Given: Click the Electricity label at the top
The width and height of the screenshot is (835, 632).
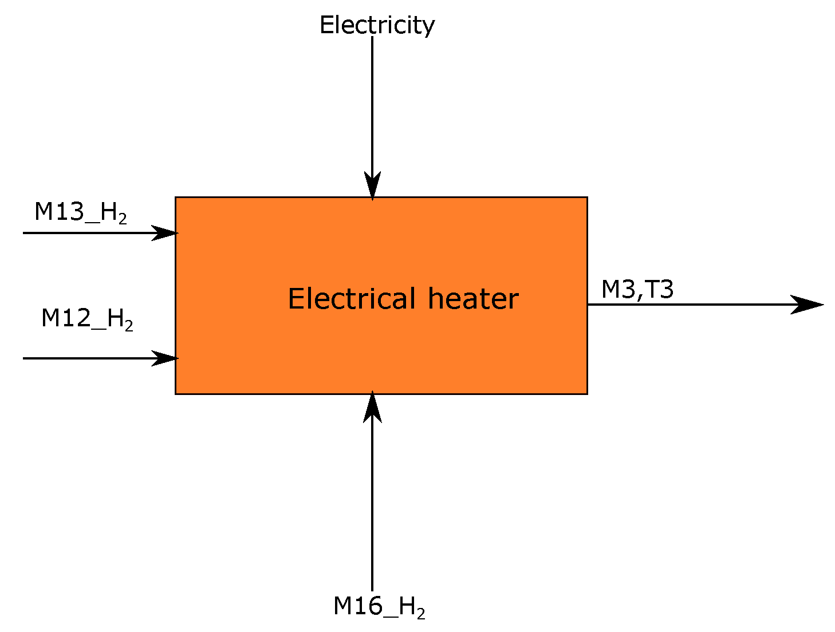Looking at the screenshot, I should (377, 25).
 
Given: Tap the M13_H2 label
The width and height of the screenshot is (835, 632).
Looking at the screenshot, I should (80, 212).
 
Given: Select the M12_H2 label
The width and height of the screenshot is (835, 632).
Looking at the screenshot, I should (87, 318).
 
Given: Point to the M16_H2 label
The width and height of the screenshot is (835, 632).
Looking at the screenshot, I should (379, 606).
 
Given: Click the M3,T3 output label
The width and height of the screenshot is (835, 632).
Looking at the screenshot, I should (637, 289).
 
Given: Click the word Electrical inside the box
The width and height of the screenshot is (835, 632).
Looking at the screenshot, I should (352, 299).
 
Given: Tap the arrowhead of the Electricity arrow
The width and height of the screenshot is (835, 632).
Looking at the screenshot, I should (372, 186).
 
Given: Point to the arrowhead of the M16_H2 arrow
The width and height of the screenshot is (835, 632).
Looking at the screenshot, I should (372, 407).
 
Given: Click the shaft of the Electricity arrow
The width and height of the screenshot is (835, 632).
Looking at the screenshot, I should (372, 103).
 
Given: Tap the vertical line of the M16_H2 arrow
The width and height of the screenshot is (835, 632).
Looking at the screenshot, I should (372, 504).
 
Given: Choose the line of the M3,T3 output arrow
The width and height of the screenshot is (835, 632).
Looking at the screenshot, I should (687, 305).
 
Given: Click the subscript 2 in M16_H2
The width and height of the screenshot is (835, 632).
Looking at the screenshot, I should (421, 614).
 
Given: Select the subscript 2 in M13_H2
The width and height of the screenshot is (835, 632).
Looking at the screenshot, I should (123, 220).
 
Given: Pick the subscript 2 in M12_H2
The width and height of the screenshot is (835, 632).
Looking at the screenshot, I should (129, 326).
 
